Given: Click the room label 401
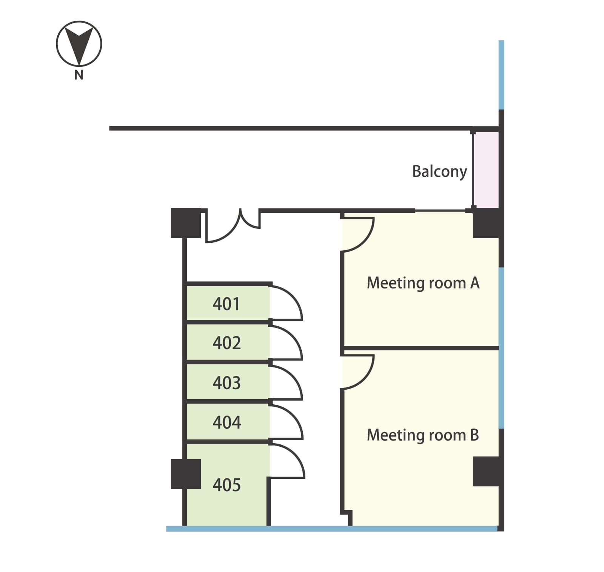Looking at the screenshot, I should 226,304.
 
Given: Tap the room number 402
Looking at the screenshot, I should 226,343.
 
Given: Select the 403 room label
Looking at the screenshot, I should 226,383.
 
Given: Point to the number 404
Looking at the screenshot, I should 226,422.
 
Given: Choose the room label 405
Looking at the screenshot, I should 226,485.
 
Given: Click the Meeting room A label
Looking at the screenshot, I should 423,283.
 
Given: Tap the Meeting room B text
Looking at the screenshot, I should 423,435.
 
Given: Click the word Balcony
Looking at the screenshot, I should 439,172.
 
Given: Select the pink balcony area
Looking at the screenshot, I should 486,170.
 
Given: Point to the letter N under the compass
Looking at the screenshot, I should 79,75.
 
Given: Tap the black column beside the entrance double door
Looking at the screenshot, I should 186,223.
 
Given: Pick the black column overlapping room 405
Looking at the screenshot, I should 186,474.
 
